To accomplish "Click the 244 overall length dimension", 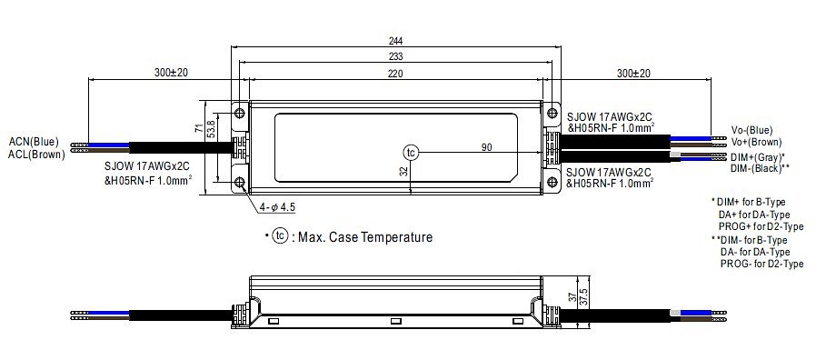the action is click(x=395, y=41).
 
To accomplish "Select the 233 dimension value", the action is click(x=395, y=56).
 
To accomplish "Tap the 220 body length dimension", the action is click(x=395, y=74).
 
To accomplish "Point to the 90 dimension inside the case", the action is click(x=486, y=147).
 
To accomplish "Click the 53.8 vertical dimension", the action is click(x=211, y=129).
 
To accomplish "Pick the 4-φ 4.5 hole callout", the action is click(x=277, y=207).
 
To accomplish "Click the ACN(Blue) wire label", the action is click(x=34, y=142).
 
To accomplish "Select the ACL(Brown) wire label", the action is click(x=37, y=154).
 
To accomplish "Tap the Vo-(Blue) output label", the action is click(x=751, y=130).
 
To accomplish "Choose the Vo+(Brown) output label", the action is click(x=756, y=142).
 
